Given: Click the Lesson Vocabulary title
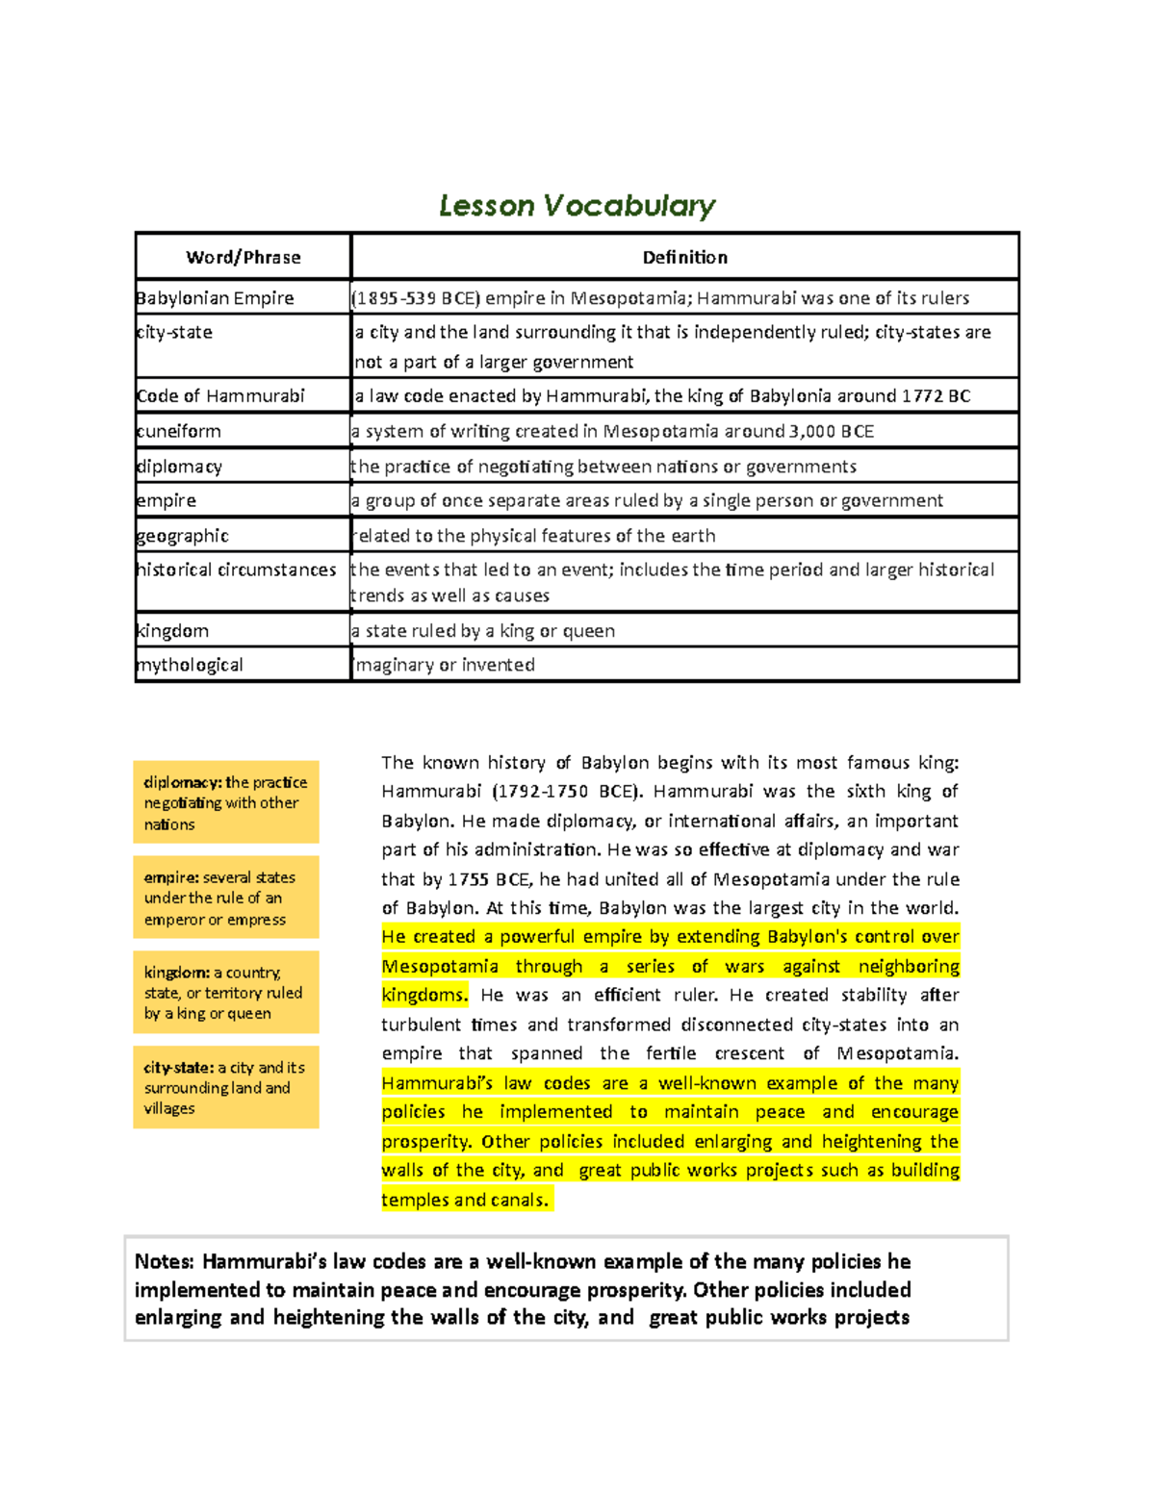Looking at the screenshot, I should click(x=577, y=206).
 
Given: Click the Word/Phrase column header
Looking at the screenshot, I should click(x=244, y=258).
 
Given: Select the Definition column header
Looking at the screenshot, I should click(x=684, y=258).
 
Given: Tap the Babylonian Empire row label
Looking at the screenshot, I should click(x=215, y=298).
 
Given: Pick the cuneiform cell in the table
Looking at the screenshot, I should click(x=179, y=431).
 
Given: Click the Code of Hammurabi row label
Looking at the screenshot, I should click(x=220, y=396).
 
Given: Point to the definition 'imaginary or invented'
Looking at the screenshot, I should click(x=444, y=665).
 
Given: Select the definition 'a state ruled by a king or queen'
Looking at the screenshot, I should click(x=483, y=631).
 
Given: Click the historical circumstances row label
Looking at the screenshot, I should click(x=237, y=570).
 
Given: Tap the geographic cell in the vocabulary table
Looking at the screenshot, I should click(x=183, y=536).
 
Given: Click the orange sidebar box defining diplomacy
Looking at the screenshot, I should click(x=226, y=802).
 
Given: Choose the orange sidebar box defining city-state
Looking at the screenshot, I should click(x=226, y=1087).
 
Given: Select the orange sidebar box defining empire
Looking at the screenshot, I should click(x=226, y=898).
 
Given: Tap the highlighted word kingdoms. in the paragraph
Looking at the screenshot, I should click(x=424, y=996).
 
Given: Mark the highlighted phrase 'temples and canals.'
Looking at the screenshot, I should click(x=465, y=1200).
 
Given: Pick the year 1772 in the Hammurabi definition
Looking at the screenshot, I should click(x=922, y=396).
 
